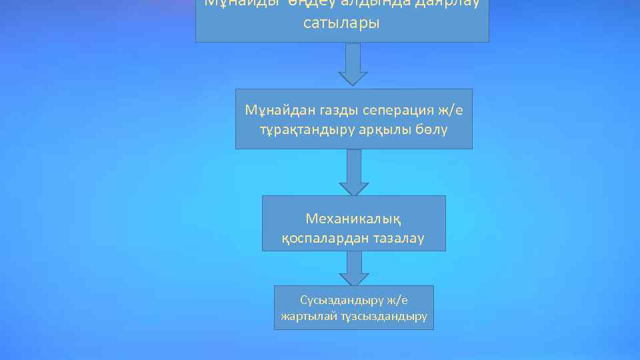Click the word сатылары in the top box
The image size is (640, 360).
tap(341, 23)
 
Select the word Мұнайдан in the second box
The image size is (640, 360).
tap(276, 109)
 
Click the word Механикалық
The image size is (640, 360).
tap(353, 218)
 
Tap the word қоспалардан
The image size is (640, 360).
tap(321, 237)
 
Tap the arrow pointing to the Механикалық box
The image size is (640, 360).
tap(353, 172)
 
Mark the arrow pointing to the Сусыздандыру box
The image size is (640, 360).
tap(353, 269)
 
